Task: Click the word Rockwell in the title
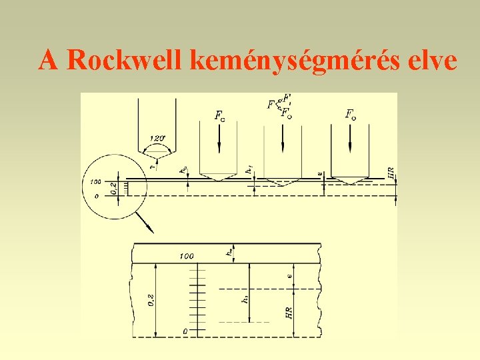click(125, 60)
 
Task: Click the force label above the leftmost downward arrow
click(219, 115)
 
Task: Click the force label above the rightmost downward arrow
click(351, 114)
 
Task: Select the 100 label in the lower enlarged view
click(187, 256)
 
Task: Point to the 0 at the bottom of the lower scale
click(185, 331)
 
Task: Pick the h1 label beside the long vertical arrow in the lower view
click(244, 299)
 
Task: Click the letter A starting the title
click(47, 60)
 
